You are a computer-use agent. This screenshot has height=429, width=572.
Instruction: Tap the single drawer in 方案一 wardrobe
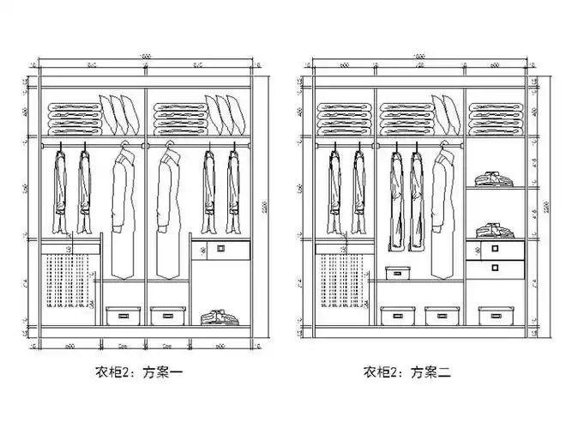click(219, 249)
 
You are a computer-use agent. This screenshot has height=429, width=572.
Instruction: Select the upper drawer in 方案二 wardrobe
click(495, 250)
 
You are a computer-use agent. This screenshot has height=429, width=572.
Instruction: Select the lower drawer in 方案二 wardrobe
click(495, 268)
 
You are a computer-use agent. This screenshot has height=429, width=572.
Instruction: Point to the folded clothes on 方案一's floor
click(219, 317)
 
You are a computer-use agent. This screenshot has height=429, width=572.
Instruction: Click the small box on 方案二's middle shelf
click(397, 274)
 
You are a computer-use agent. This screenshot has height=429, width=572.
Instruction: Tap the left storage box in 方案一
click(123, 315)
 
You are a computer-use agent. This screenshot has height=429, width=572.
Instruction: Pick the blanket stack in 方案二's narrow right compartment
click(495, 117)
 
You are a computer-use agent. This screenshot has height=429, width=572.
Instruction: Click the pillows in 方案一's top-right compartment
click(227, 114)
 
